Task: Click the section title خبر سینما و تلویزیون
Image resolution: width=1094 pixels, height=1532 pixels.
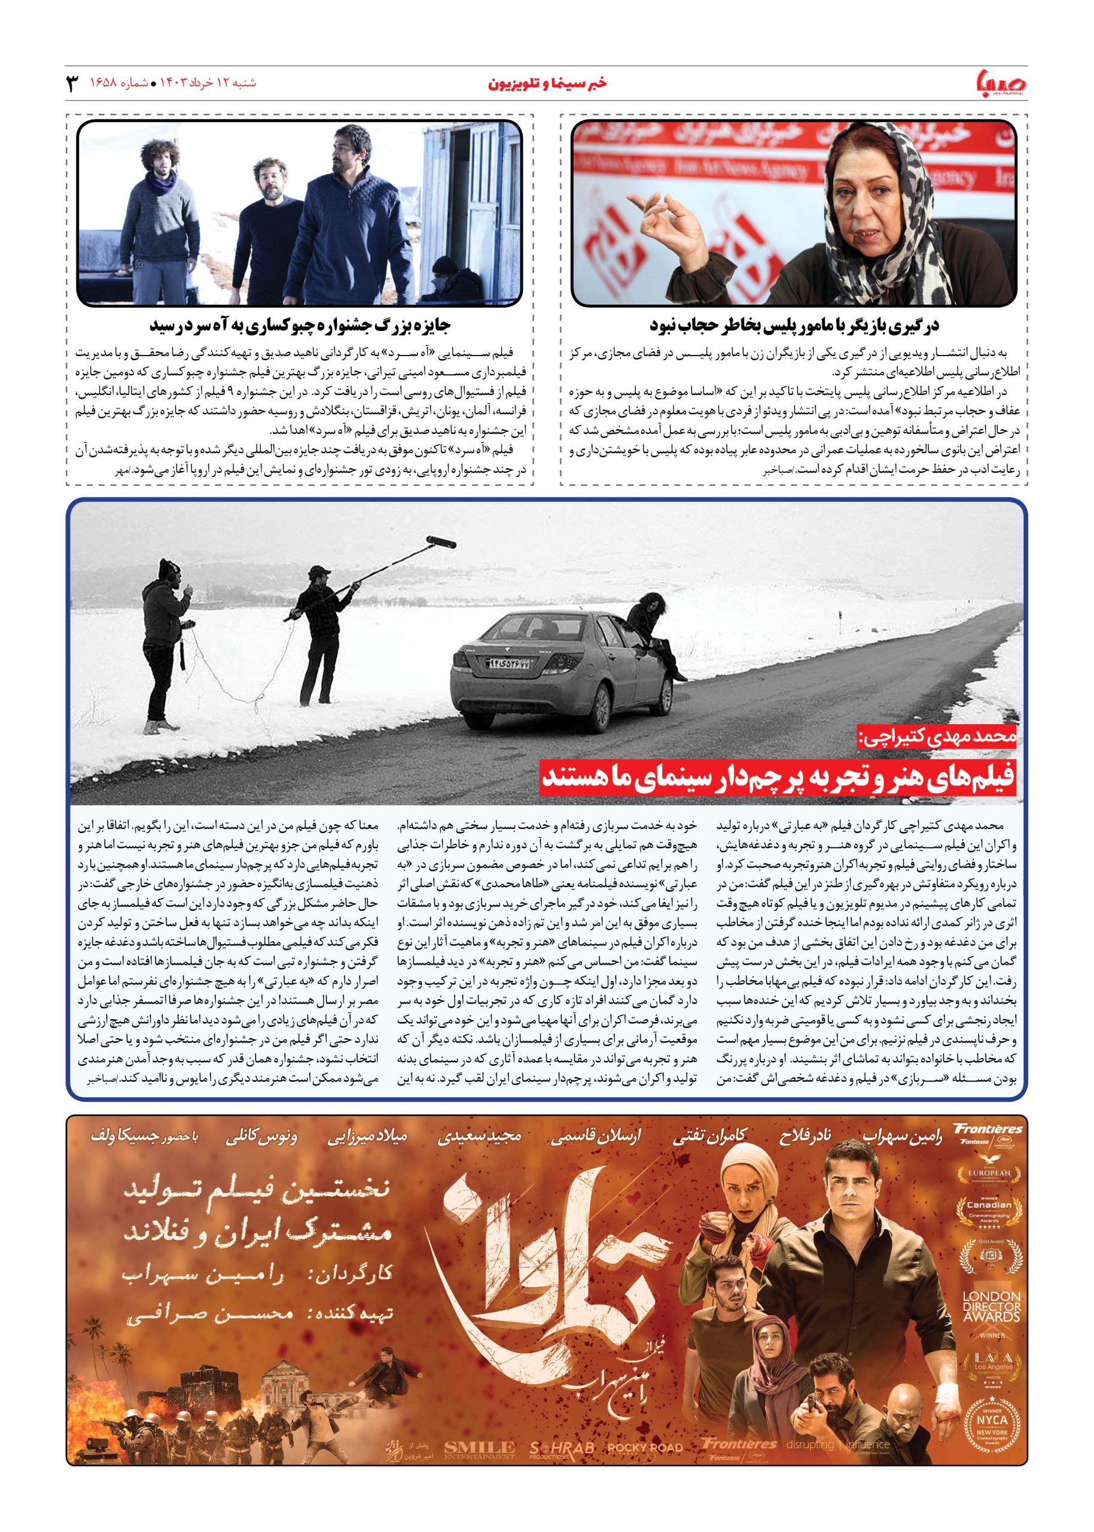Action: [x=546, y=83]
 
